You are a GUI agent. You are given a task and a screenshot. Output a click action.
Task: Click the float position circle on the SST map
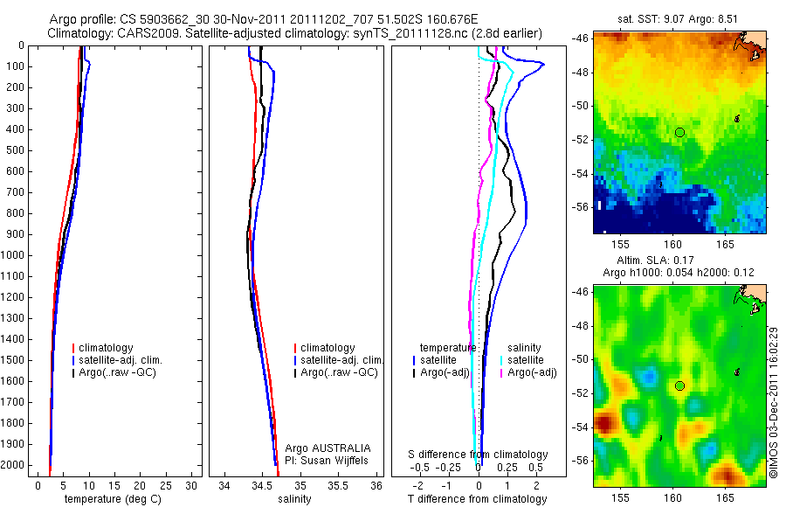pos(679,132)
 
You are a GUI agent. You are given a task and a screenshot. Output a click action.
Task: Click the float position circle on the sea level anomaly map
pos(679,385)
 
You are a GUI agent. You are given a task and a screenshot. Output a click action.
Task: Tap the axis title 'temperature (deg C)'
pos(111,499)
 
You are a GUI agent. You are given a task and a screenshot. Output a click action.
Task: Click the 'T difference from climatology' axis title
pos(477,499)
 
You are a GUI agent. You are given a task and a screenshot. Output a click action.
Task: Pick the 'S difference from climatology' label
pos(478,455)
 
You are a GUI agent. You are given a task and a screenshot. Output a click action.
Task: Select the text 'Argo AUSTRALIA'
pos(328,448)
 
